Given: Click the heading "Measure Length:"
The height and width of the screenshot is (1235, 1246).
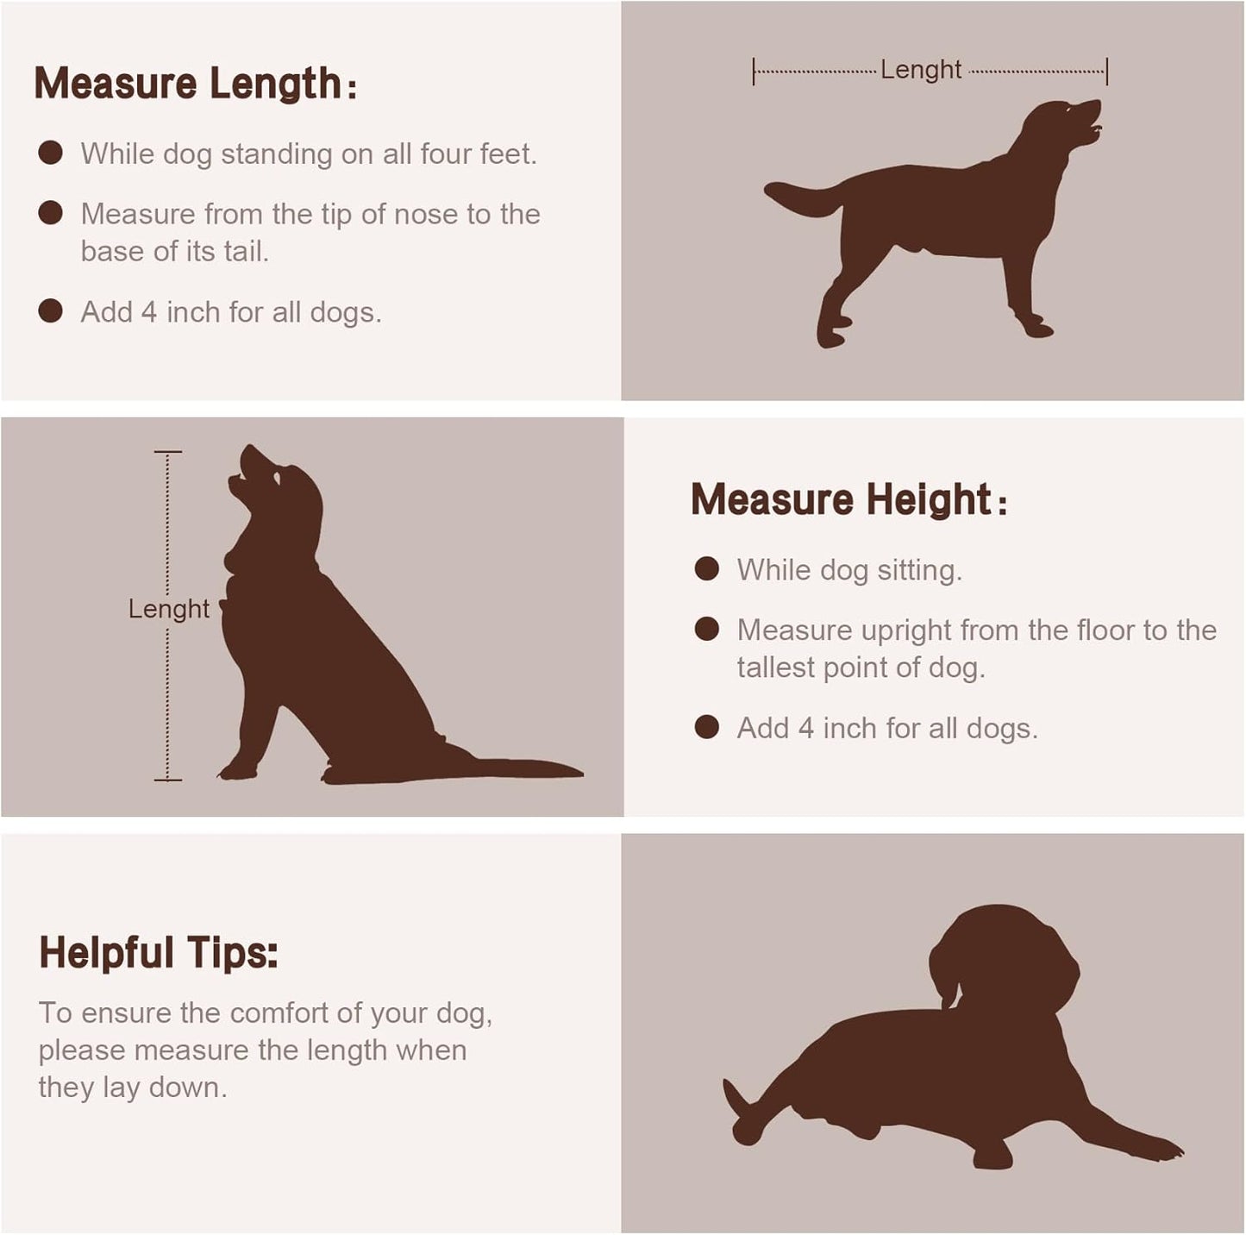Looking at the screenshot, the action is click(x=195, y=84).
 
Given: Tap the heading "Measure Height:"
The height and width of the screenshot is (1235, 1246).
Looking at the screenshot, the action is click(x=849, y=499).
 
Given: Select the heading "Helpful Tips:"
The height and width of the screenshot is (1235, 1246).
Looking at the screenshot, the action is click(x=159, y=954).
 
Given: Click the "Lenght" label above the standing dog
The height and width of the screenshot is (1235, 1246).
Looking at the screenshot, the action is click(x=921, y=70).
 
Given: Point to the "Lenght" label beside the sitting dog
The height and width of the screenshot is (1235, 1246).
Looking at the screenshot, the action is click(x=169, y=609).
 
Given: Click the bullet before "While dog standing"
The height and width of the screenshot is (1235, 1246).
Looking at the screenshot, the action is click(x=50, y=154).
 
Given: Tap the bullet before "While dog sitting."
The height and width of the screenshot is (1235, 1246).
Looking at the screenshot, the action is click(x=707, y=569).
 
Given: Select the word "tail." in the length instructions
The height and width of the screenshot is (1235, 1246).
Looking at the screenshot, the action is click(x=246, y=252).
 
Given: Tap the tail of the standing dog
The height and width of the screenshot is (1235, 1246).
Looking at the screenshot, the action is click(x=803, y=198).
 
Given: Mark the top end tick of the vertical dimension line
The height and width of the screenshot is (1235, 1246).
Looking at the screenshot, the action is click(x=168, y=452).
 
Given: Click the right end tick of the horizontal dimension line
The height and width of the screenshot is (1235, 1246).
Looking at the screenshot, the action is click(x=1107, y=72).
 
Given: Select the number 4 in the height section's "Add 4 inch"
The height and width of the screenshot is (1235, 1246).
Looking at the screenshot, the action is click(x=805, y=729).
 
